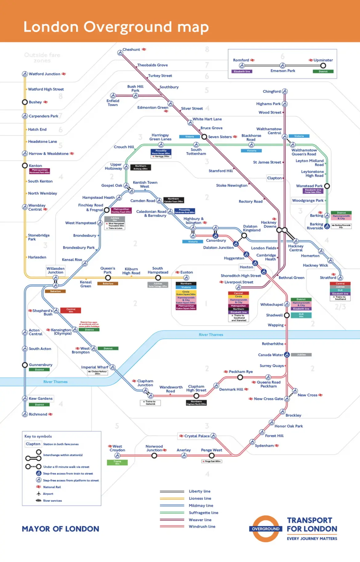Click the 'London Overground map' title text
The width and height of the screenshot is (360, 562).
pyautogui.click(x=116, y=27)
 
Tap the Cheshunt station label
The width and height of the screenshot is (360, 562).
pyautogui.click(x=131, y=49)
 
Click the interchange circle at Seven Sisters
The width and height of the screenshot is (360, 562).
pyautogui.click(x=204, y=137)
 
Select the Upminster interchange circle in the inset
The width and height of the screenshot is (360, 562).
pyautogui.click(x=323, y=65)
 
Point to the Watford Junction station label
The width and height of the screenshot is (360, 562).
pyautogui.click(x=44, y=74)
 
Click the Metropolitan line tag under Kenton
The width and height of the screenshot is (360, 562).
pyautogui.click(x=40, y=171)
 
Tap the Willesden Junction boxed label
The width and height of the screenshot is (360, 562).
pyautogui.click(x=55, y=270)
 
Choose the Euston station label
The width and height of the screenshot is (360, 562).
pyautogui.click(x=186, y=272)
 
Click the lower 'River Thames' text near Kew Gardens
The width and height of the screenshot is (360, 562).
pyautogui.click(x=55, y=382)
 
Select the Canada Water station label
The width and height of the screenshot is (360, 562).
pyautogui.click(x=270, y=355)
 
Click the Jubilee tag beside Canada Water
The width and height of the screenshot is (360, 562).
pyautogui.click(x=301, y=355)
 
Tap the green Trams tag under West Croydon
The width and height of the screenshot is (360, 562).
pyautogui.click(x=117, y=462)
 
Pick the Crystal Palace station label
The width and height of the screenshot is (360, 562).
pyautogui.click(x=197, y=436)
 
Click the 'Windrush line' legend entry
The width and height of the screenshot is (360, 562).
pyautogui.click(x=202, y=527)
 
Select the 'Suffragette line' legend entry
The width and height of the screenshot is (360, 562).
pyautogui.click(x=203, y=513)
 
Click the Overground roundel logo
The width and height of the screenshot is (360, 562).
pyautogui.click(x=266, y=529)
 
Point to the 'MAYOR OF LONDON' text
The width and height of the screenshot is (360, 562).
pyautogui.click(x=61, y=529)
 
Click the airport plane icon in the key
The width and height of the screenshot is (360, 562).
pyautogui.click(x=38, y=494)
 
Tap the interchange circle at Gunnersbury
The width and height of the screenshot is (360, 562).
pyautogui.click(x=25, y=365)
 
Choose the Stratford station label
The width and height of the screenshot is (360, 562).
pyautogui.click(x=328, y=278)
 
